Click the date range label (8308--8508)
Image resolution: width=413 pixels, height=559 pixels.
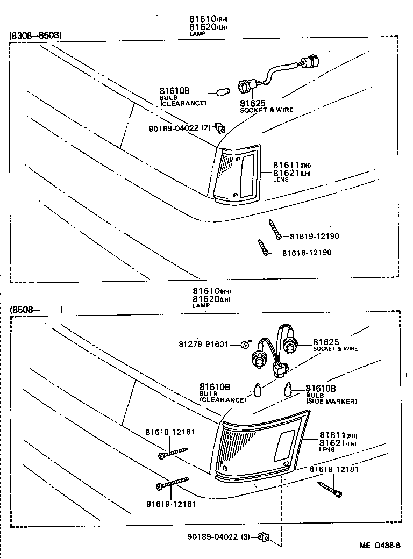click(35, 36)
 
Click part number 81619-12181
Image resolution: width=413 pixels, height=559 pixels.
click(171, 504)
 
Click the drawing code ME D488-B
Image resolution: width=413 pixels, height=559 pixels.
click(380, 545)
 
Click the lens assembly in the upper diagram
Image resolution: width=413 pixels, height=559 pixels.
click(237, 174)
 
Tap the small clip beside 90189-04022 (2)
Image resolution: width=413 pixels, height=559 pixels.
click(219, 127)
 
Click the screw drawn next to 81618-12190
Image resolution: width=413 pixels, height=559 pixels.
click(262, 247)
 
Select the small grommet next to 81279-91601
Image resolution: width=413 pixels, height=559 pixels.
click(245, 344)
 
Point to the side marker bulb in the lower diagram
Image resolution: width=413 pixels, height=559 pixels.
click(288, 388)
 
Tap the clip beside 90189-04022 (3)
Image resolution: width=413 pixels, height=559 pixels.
click(263, 536)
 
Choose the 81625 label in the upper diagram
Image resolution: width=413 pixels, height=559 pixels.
click(252, 103)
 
